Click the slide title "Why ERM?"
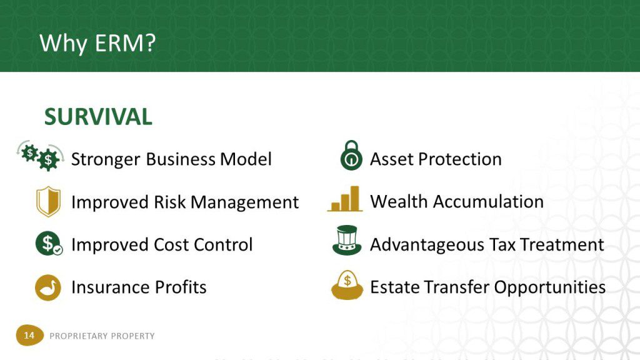97,43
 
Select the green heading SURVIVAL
98,117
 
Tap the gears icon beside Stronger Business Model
41,156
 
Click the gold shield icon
48,201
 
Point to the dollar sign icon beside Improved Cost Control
49,243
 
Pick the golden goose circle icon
47,287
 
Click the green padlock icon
351,156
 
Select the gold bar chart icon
345,199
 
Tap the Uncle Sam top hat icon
347,241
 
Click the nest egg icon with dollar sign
347,285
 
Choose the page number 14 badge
29,336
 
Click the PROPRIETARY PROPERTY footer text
102,336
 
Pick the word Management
244,202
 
